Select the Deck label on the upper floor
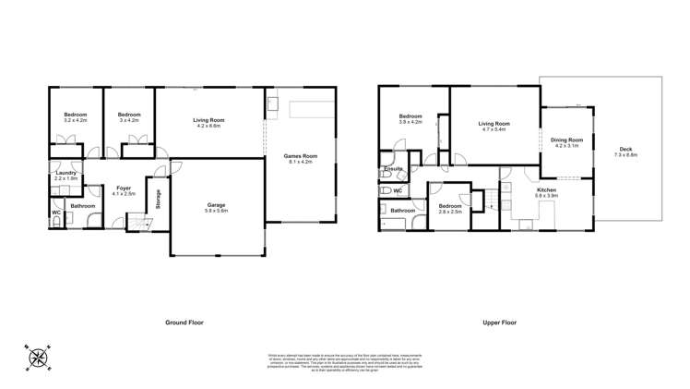click(625, 152)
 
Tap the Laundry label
click(65, 173)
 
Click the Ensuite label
click(391, 169)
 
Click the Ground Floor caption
click(185, 322)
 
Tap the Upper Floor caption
click(499, 322)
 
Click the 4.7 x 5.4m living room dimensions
click(494, 129)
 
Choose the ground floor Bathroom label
click(82, 205)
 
